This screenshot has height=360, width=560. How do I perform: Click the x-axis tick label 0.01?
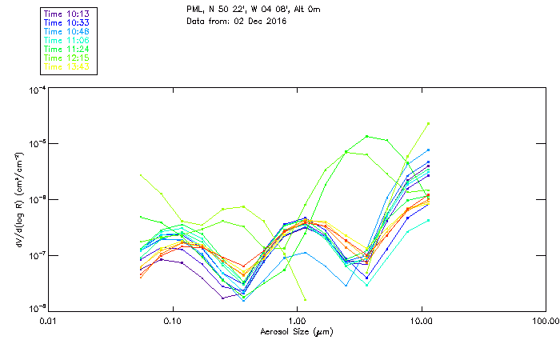click(x=47, y=321)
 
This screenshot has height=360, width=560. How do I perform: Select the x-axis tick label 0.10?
click(x=172, y=321)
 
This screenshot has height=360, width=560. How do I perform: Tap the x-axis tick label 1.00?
click(x=297, y=321)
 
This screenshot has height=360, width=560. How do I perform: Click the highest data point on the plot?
click(x=429, y=123)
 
